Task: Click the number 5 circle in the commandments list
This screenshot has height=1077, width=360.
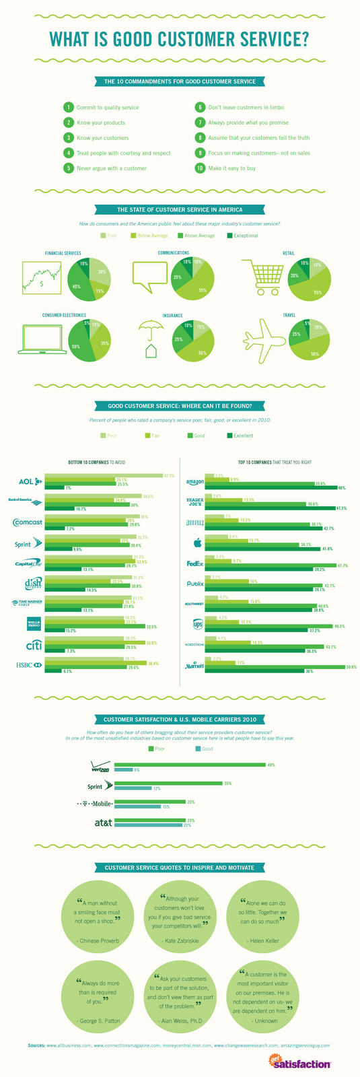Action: (67, 168)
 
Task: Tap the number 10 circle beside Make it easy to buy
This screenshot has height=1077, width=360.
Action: (199, 168)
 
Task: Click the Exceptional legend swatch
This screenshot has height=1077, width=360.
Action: (229, 236)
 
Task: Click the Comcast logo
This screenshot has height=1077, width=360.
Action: (28, 522)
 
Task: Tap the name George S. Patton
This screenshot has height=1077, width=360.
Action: (98, 1020)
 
